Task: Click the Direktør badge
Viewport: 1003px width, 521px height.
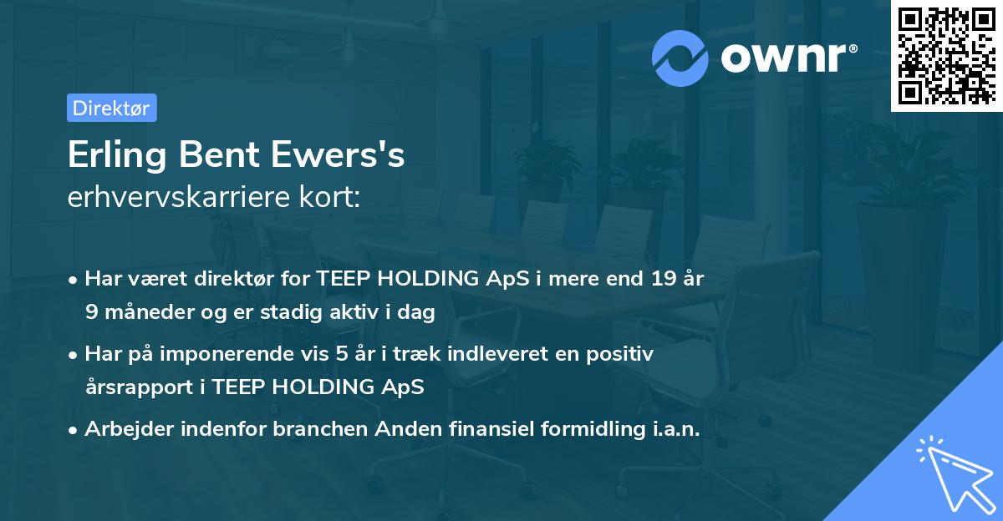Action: [x=111, y=108]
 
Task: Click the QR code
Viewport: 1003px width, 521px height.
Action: [x=946, y=56]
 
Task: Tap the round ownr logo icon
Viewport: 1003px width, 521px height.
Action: [x=680, y=58]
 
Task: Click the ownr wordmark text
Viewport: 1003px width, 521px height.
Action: [x=787, y=58]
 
